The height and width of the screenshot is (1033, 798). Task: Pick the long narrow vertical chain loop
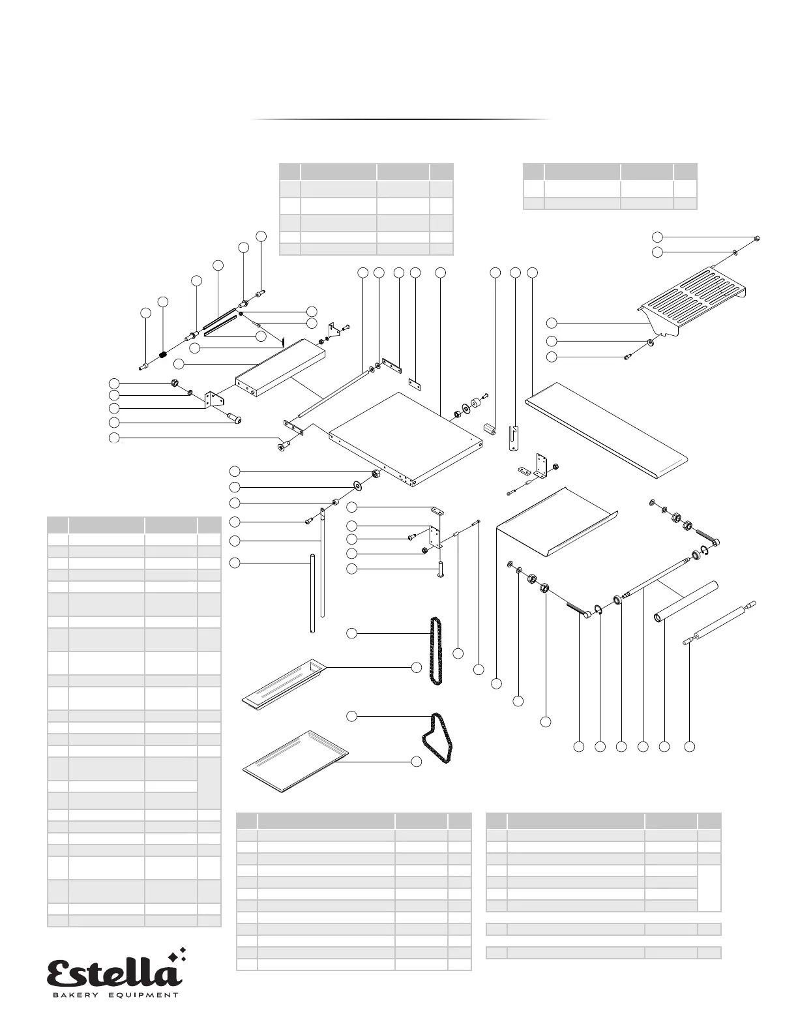pyautogui.click(x=434, y=650)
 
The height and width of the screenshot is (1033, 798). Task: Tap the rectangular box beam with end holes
pyautogui.click(x=280, y=368)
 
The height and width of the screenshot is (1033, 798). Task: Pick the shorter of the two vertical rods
pyautogui.click(x=312, y=593)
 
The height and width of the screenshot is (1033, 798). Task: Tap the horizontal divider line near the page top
pyautogui.click(x=402, y=120)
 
